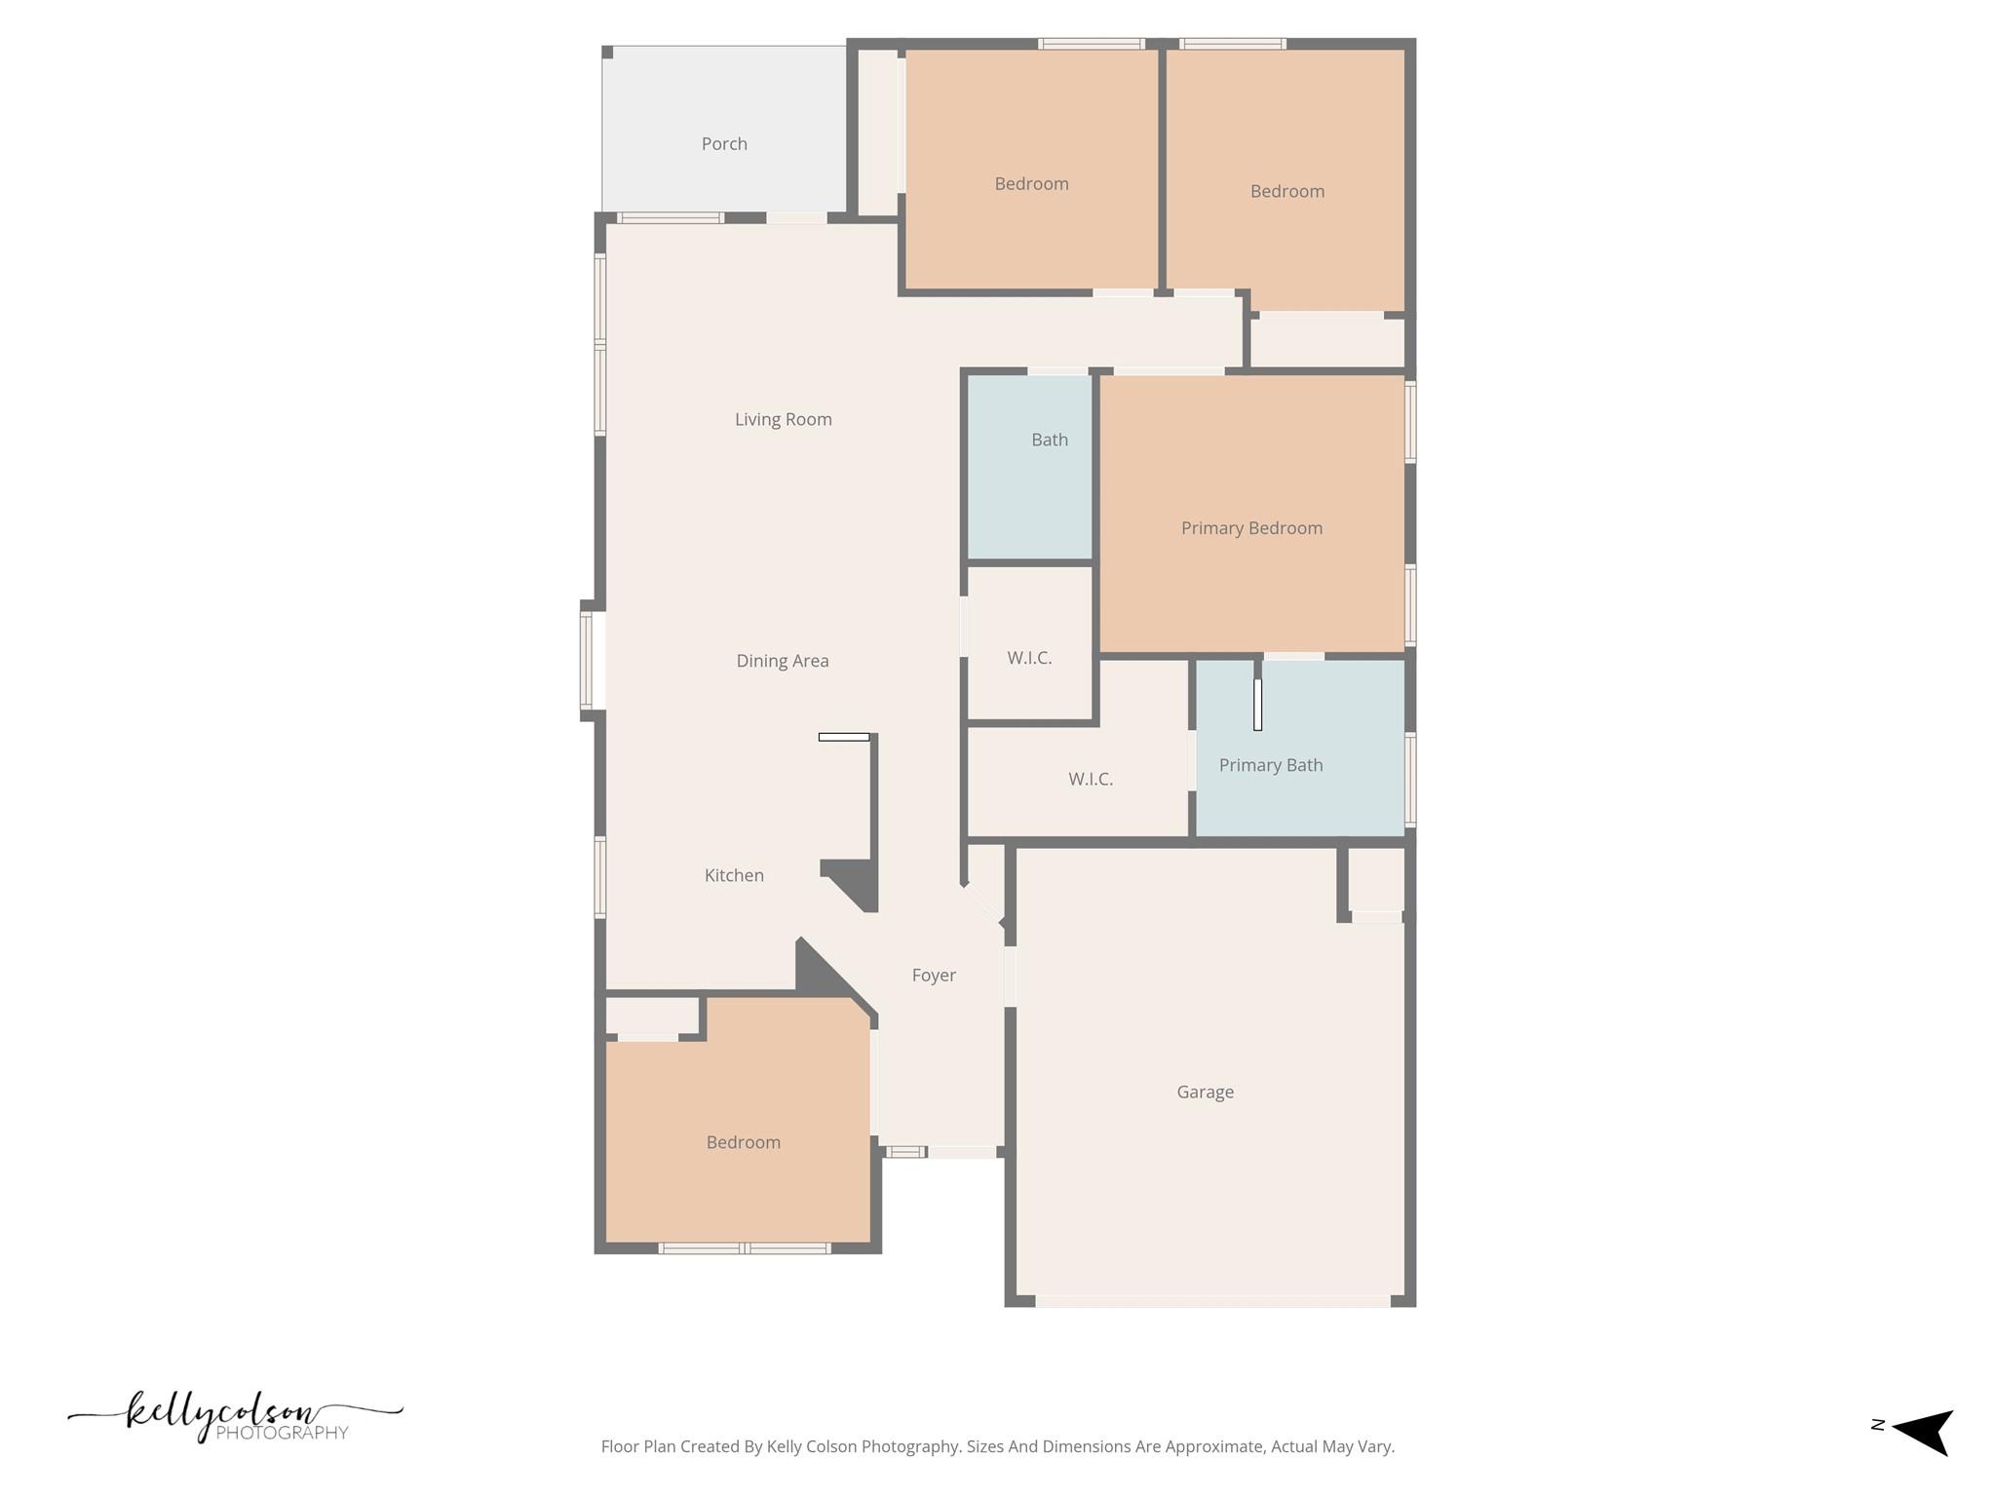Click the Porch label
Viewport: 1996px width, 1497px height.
(724, 144)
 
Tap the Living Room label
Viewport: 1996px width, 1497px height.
(783, 420)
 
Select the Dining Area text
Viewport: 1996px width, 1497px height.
(782, 661)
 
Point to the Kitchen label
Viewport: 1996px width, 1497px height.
(734, 875)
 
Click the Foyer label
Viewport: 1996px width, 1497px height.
(933, 976)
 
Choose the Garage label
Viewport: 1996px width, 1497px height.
(1205, 1093)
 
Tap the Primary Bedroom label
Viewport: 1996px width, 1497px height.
(1251, 528)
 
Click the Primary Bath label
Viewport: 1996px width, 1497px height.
(1271, 766)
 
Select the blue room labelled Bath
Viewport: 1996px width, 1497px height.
(1029, 468)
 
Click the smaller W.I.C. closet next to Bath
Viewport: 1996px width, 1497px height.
(1029, 658)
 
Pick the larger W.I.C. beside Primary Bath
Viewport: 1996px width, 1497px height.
(1090, 780)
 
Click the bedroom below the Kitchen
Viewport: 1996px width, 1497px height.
(743, 1142)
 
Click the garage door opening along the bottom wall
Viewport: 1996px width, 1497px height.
(1212, 1301)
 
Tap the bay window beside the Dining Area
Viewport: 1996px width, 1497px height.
(587, 660)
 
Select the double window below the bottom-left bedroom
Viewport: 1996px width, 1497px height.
(744, 1248)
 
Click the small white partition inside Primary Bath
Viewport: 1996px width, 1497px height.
(1257, 704)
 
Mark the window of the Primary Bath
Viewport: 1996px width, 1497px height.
(1410, 780)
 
